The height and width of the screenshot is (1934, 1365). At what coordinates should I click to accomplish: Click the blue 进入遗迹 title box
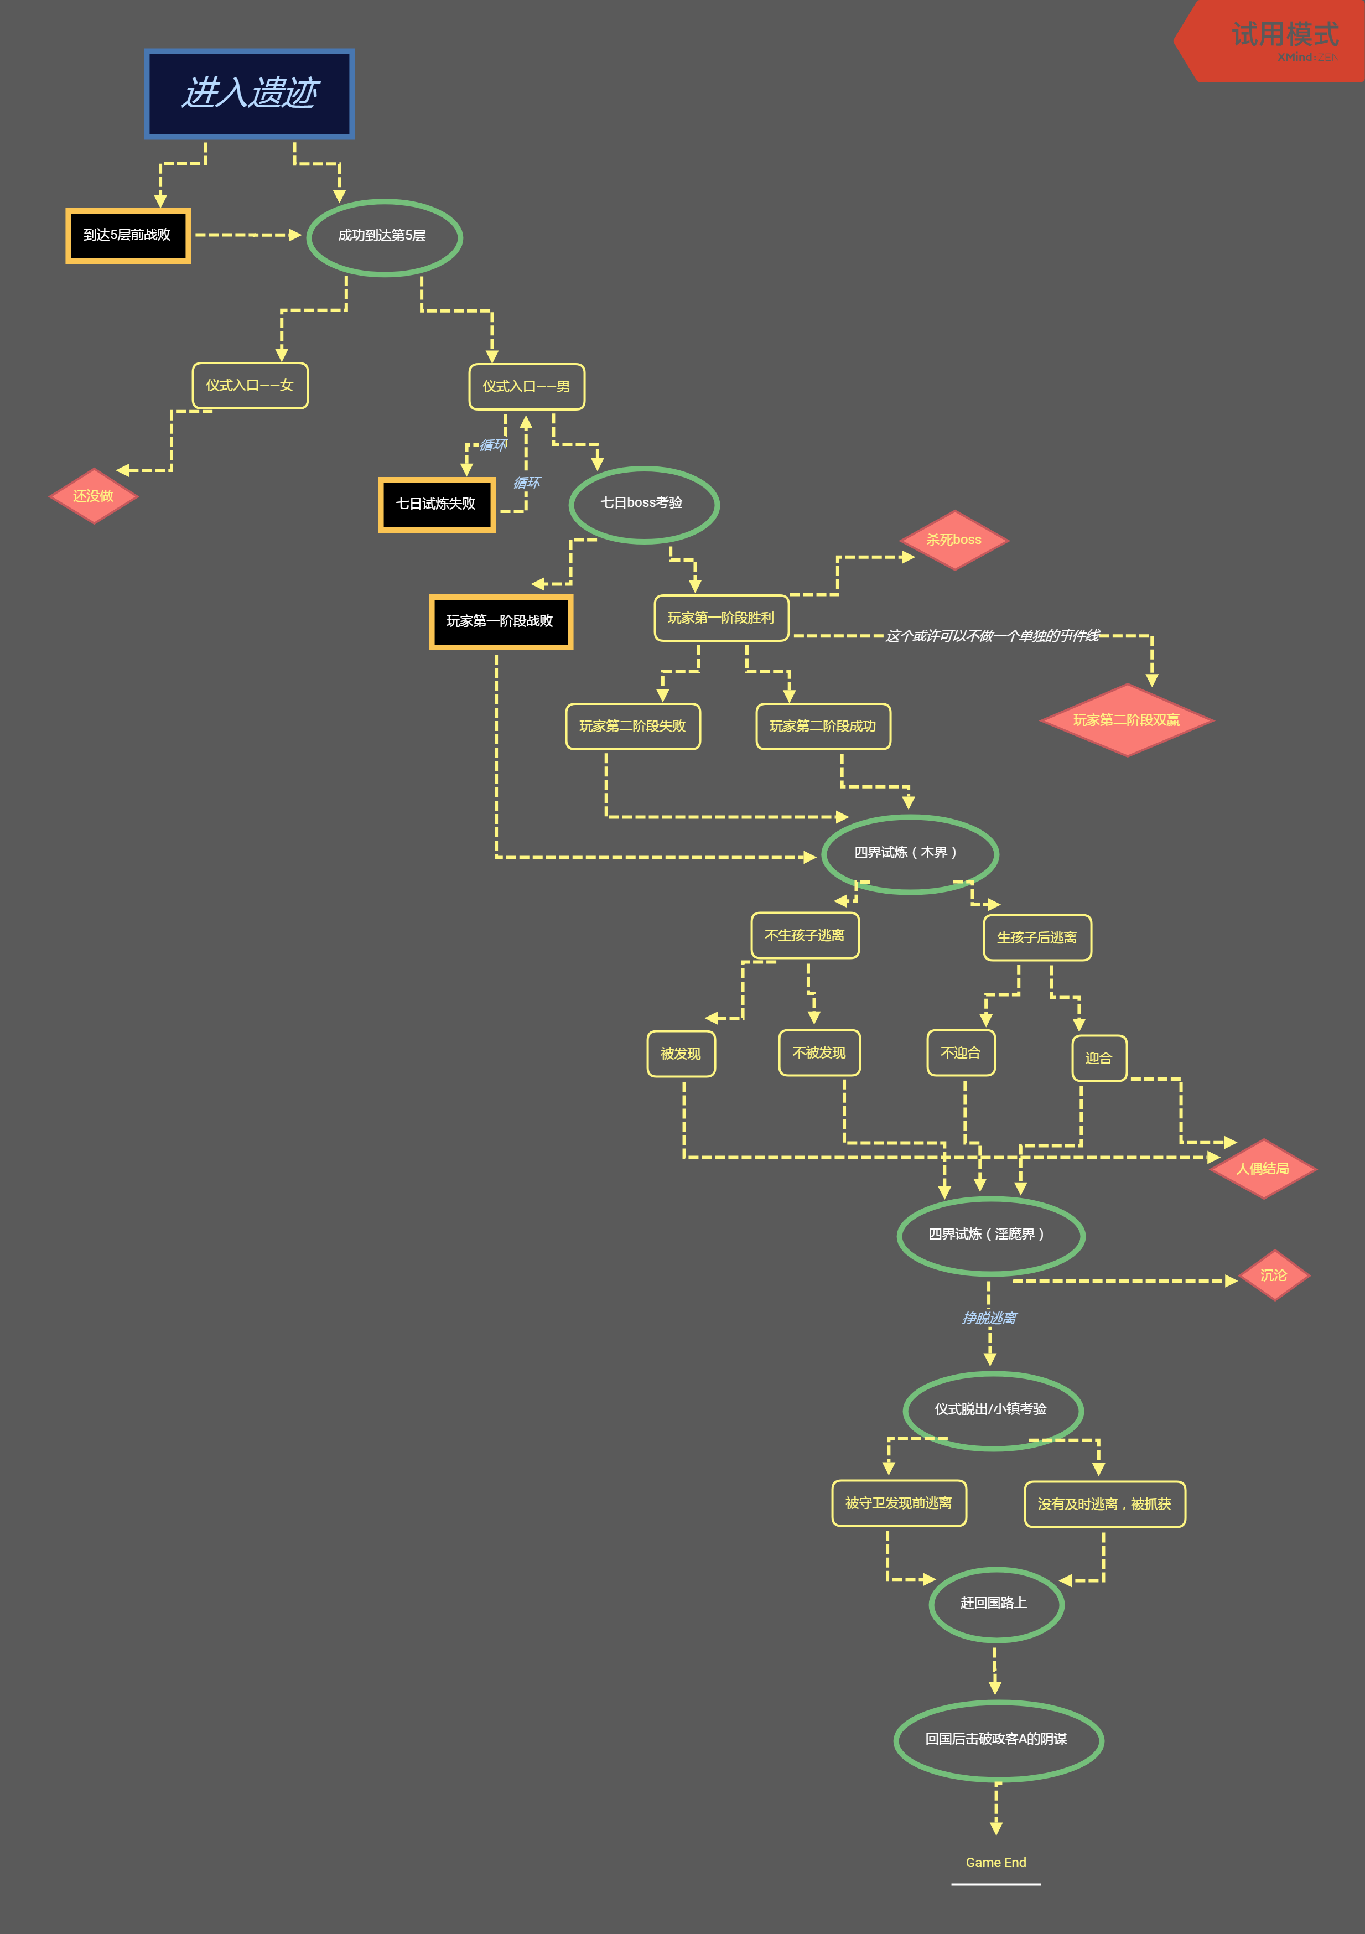click(x=249, y=94)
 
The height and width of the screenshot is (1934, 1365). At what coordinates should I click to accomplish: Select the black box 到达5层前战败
click(x=128, y=236)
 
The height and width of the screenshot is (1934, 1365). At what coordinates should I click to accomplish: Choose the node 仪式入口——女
click(x=250, y=386)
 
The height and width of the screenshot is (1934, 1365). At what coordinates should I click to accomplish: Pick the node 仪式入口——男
click(x=527, y=387)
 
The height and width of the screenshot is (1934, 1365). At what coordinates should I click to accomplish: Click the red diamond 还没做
click(x=94, y=496)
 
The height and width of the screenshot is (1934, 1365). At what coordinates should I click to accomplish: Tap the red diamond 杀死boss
click(x=954, y=540)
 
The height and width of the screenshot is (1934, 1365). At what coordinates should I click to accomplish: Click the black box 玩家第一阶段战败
click(x=501, y=621)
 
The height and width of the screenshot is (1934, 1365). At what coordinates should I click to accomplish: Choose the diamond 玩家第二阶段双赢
click(x=1127, y=720)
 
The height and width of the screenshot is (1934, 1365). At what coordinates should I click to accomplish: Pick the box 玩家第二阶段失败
click(x=633, y=726)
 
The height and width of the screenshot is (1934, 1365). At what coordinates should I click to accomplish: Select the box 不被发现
click(x=819, y=1053)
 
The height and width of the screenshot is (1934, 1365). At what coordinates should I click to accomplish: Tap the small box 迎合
click(x=1099, y=1058)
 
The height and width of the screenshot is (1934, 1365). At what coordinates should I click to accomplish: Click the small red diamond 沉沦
click(x=1274, y=1275)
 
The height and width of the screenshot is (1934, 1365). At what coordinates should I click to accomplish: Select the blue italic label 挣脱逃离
click(x=989, y=1318)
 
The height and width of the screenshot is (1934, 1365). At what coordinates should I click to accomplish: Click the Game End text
click(x=996, y=1863)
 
